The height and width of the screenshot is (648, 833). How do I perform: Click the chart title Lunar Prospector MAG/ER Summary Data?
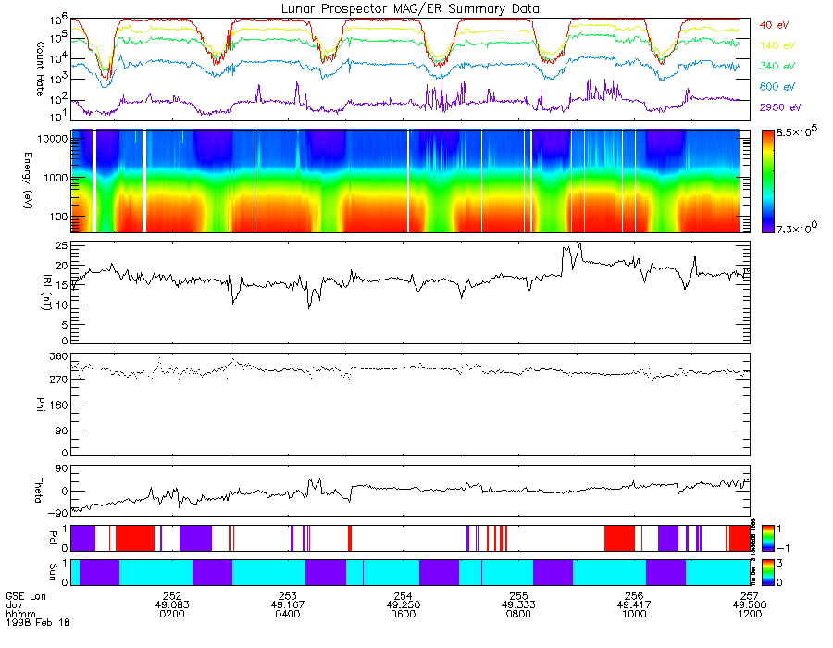click(x=410, y=8)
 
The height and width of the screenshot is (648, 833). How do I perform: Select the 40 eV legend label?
click(x=773, y=24)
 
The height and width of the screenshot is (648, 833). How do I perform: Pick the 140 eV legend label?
click(x=776, y=45)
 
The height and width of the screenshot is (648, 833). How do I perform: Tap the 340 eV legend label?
click(x=776, y=67)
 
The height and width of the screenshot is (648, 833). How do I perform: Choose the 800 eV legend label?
click(x=776, y=87)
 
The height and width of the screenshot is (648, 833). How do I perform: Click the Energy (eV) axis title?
click(x=15, y=181)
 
